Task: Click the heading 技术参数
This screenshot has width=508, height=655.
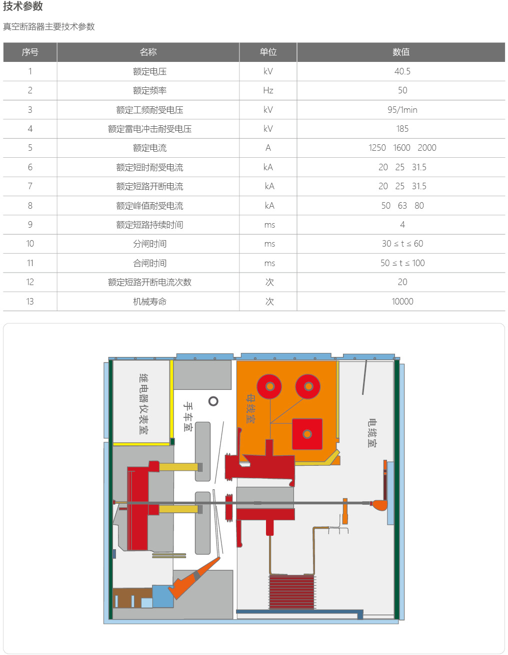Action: point(23,6)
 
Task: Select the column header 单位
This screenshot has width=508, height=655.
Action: point(268,52)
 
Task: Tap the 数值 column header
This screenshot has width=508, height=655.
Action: point(401,52)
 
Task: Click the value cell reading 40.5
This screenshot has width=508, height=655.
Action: point(402,71)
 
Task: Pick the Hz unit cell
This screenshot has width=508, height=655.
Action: point(268,90)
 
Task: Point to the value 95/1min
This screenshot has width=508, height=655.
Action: point(402,110)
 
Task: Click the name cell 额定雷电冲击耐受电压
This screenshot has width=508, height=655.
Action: point(149,129)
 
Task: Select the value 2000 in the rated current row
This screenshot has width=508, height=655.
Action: point(427,148)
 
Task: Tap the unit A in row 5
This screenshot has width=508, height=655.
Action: point(268,148)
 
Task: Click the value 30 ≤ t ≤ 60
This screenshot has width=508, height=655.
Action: point(402,244)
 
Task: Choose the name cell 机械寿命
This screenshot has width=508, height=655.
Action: point(149,302)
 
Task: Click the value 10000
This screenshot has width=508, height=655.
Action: point(402,302)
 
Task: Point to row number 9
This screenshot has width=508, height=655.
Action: point(30,225)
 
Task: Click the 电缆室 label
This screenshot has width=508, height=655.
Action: point(372,433)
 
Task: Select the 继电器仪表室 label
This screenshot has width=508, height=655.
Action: point(143,404)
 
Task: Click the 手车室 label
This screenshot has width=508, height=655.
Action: point(188,416)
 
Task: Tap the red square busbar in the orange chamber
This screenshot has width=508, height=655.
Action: point(307,434)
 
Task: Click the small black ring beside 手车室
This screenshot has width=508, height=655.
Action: point(213,401)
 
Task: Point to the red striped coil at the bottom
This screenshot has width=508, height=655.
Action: point(292,592)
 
